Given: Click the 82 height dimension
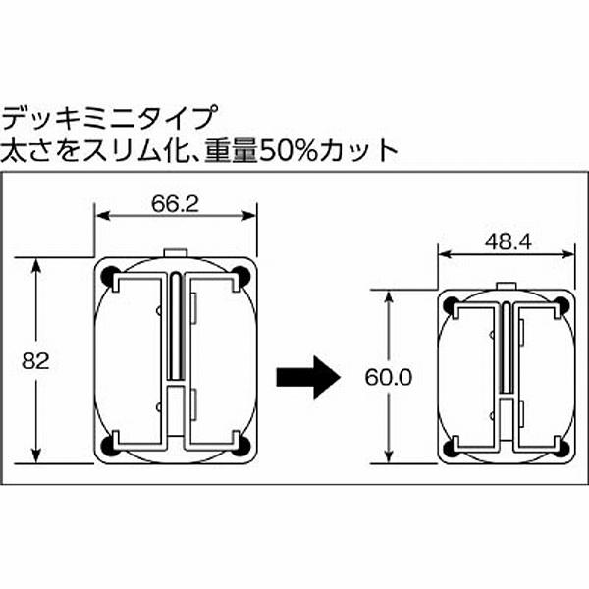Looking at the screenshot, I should coord(35,360).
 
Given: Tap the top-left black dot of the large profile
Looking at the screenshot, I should coord(109,274).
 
